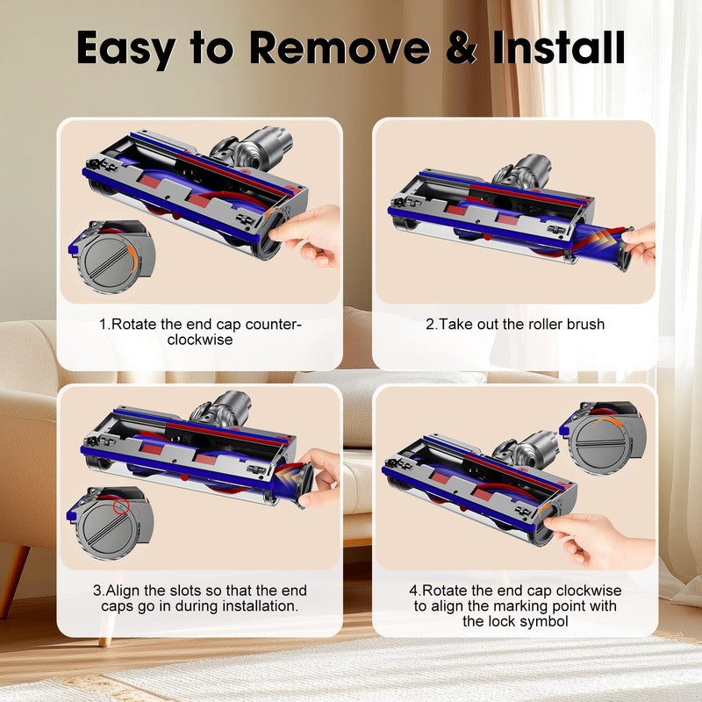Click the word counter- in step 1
[273, 325]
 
